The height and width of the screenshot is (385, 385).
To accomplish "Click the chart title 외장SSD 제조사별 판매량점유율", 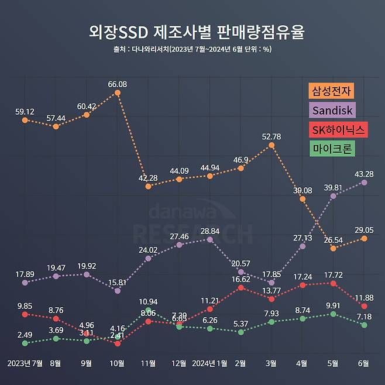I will [192, 30].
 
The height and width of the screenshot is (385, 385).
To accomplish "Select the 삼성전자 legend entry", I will [332, 91].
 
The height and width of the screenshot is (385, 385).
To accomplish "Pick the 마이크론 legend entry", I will [332, 149].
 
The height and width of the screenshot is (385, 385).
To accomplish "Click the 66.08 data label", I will [118, 84].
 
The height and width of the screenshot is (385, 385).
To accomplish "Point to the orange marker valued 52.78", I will [271, 145].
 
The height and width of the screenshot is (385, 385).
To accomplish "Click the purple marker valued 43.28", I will [365, 183].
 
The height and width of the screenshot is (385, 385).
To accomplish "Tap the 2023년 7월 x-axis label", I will [25, 363].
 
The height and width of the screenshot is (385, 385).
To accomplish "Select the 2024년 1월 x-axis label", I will [209, 363].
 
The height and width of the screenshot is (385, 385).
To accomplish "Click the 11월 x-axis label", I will [148, 363].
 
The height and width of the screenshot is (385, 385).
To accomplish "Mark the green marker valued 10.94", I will [149, 310].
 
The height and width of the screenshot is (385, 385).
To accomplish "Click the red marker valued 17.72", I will [334, 283].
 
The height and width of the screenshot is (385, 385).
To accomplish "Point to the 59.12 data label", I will [25, 111].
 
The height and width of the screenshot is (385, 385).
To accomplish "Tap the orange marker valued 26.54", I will [334, 249].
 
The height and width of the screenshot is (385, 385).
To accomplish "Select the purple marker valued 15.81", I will [118, 290].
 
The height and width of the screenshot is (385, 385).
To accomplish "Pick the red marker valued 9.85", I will [25, 314].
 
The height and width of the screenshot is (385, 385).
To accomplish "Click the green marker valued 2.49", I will [25, 343].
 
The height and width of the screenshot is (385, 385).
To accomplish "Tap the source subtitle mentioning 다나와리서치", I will [192, 49].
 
